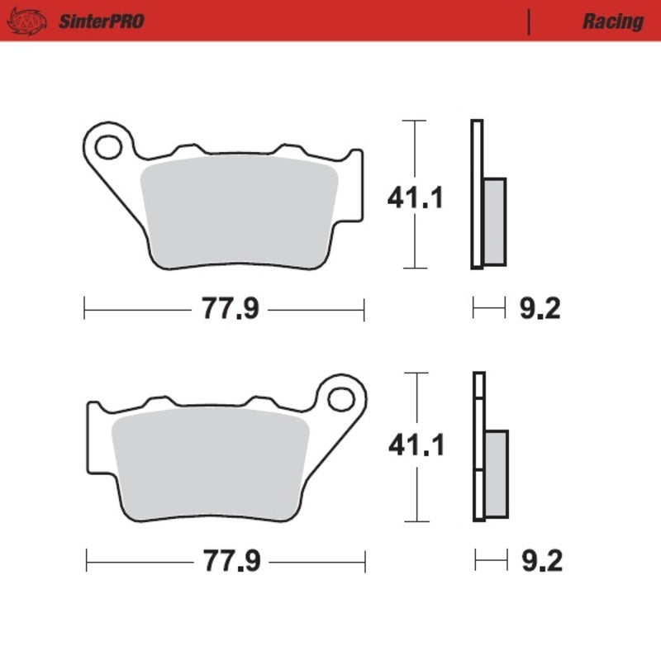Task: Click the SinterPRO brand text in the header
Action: (101, 21)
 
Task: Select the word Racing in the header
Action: (612, 21)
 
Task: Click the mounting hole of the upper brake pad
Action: (107, 148)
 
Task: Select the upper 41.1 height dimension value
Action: (416, 198)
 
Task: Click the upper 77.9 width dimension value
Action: (227, 310)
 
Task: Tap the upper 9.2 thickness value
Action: (540, 310)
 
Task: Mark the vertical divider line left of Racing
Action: (529, 22)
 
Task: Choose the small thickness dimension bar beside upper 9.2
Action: (487, 310)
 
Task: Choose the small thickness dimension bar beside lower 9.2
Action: (490, 562)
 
